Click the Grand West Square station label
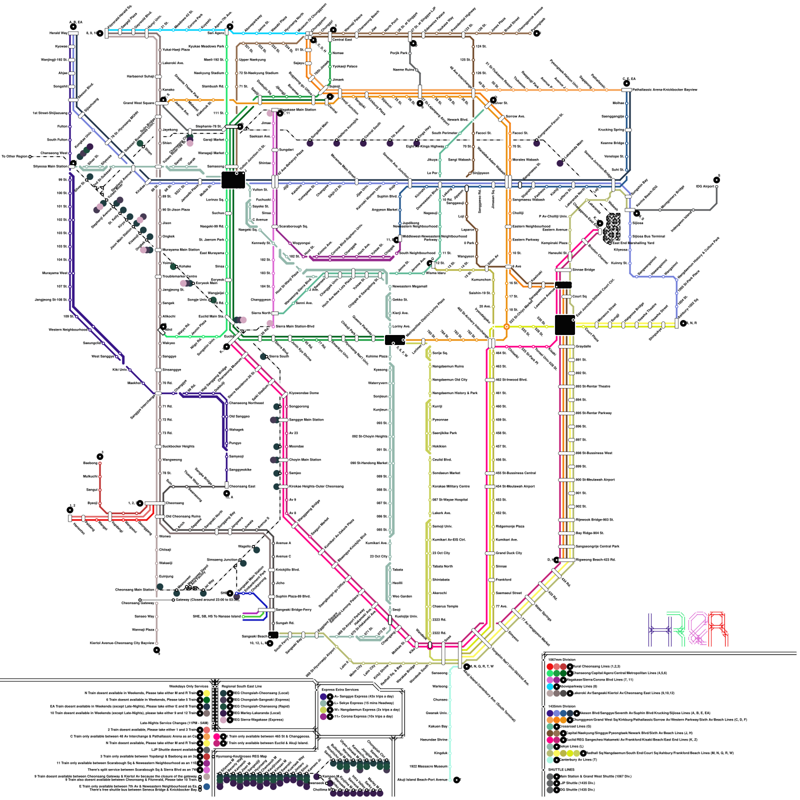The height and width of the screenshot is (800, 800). click(x=139, y=103)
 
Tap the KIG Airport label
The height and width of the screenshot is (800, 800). click(x=705, y=186)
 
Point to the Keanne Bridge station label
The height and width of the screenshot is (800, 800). click(x=612, y=143)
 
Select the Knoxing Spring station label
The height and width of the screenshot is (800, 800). click(x=611, y=129)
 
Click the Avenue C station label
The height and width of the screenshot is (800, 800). click(x=283, y=556)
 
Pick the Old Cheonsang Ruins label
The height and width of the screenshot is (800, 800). click(x=183, y=516)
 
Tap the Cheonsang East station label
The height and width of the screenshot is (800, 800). click(x=242, y=486)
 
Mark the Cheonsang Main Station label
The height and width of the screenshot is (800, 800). click(x=134, y=589)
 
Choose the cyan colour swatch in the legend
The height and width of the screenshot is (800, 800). click(x=550, y=686)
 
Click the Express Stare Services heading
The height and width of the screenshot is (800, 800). click(x=340, y=689)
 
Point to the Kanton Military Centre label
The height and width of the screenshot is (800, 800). click(x=451, y=486)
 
